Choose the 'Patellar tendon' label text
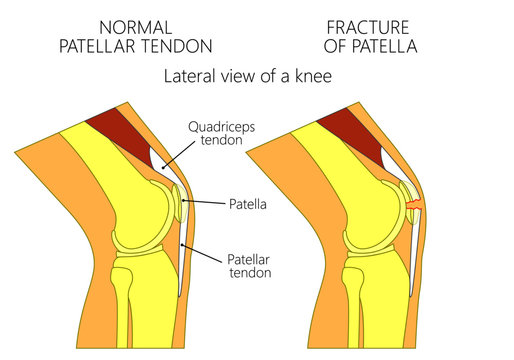pyautogui.click(x=246, y=263)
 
